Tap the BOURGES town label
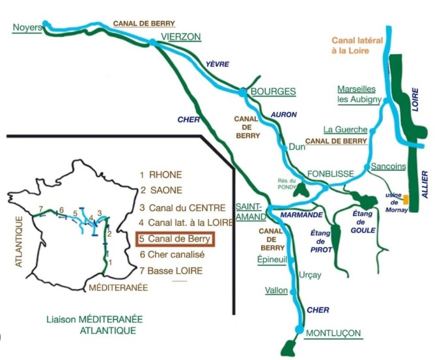pyautogui.click(x=274, y=91)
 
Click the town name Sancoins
pyautogui.click(x=387, y=167)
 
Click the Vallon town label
pyautogui.click(x=275, y=290)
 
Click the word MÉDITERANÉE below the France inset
pyautogui.click(x=118, y=286)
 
